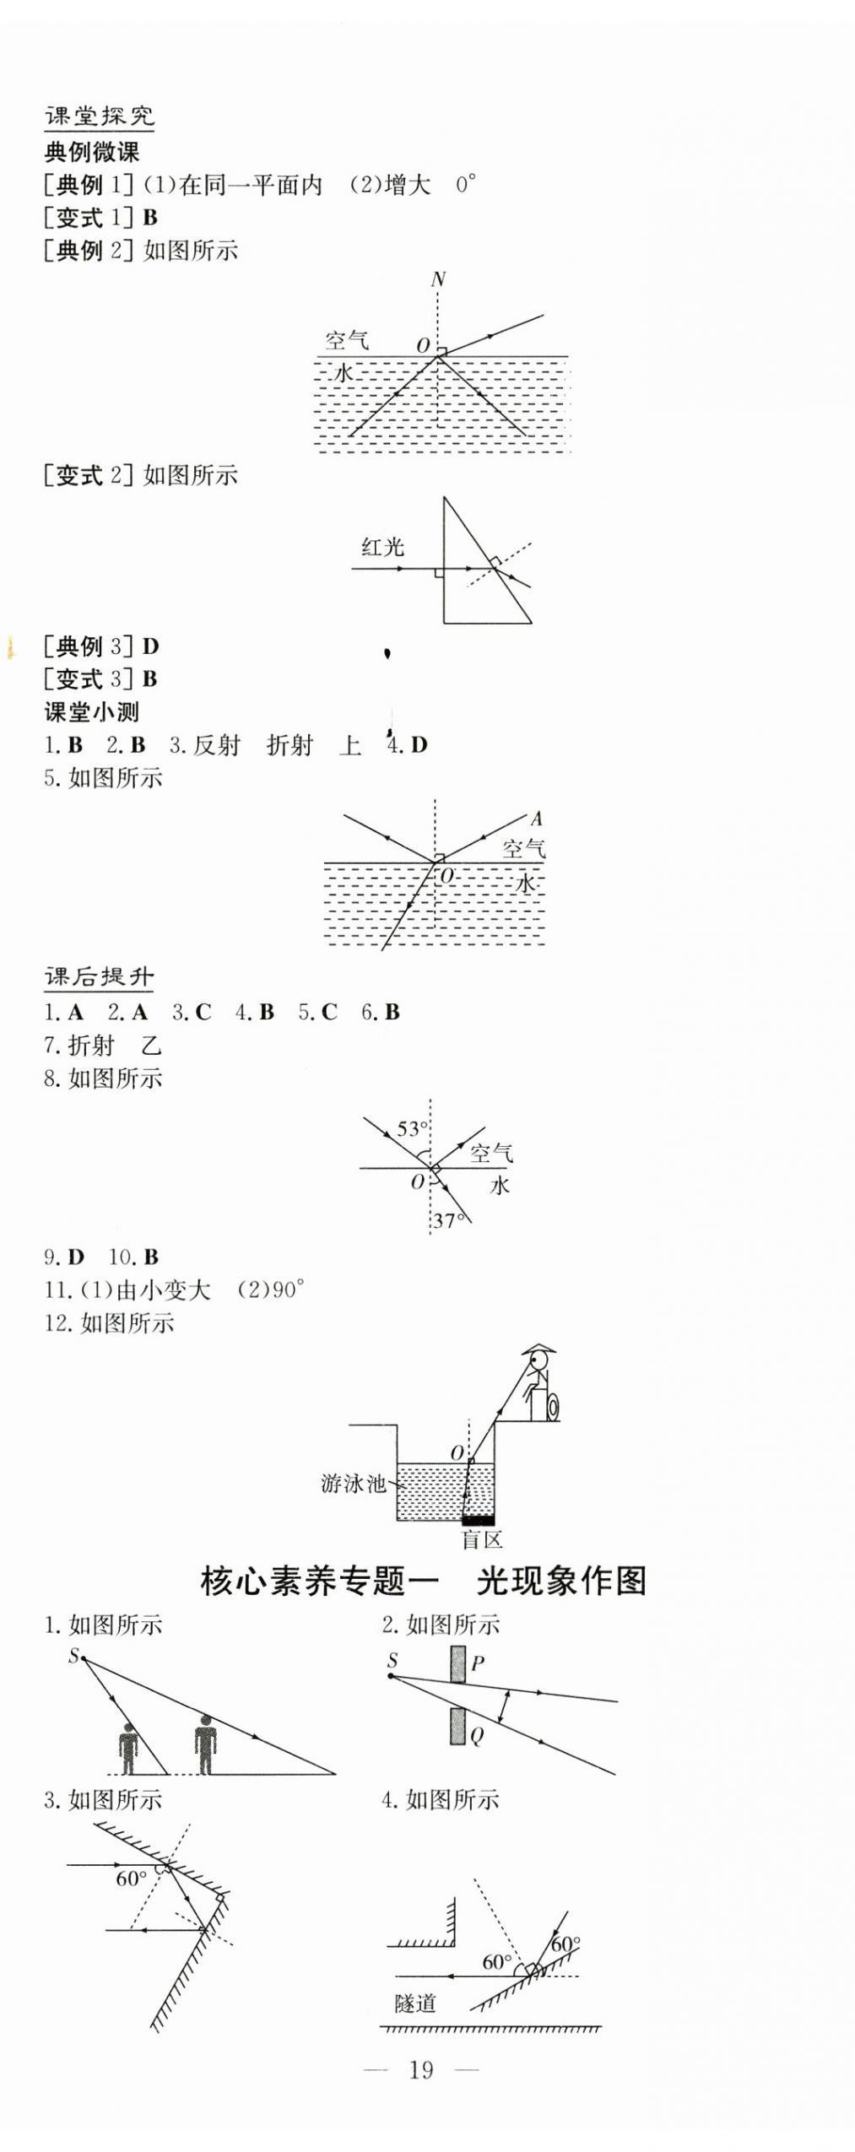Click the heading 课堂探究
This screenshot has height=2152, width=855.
point(99,116)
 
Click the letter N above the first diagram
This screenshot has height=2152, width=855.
point(437,279)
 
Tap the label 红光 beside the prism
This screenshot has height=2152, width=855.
point(382,548)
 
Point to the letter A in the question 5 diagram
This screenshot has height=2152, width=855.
point(536,818)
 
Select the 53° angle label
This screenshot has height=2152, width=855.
point(412,1128)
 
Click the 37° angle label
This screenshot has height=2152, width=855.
point(449,1220)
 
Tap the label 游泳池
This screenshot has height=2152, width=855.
point(352,1484)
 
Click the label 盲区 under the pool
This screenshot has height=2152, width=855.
point(482,1539)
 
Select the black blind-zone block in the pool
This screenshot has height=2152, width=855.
point(478,1520)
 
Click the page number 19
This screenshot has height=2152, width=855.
point(420,2068)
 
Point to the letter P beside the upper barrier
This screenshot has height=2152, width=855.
point(477,1663)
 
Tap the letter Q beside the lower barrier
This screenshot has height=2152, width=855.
point(476,1736)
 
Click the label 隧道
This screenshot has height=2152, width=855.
point(415,2003)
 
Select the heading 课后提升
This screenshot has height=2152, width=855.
point(99,977)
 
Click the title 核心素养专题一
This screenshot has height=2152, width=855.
point(319,1581)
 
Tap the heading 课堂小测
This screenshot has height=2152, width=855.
point(91,711)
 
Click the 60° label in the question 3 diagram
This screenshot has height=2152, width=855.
point(131,1879)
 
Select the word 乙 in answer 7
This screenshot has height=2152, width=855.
point(151,1046)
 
